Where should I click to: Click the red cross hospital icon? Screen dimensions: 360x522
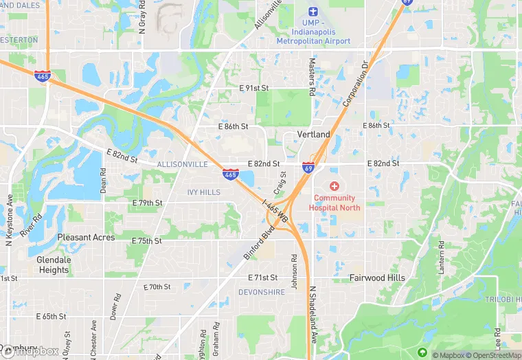pos(334,186)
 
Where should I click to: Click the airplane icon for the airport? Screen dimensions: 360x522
pos(313,12)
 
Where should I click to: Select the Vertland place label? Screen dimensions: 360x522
pos(314,135)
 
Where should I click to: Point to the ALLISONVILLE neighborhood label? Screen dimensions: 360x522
pos(182,165)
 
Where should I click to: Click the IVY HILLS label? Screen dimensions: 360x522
pos(204,192)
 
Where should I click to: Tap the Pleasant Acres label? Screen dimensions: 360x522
pos(86,238)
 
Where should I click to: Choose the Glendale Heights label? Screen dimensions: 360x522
pos(54,265)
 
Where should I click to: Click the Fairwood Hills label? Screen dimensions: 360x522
pos(377,278)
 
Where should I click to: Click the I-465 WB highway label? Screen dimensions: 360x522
pos(274,210)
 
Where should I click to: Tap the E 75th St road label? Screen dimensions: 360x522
pos(146,241)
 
